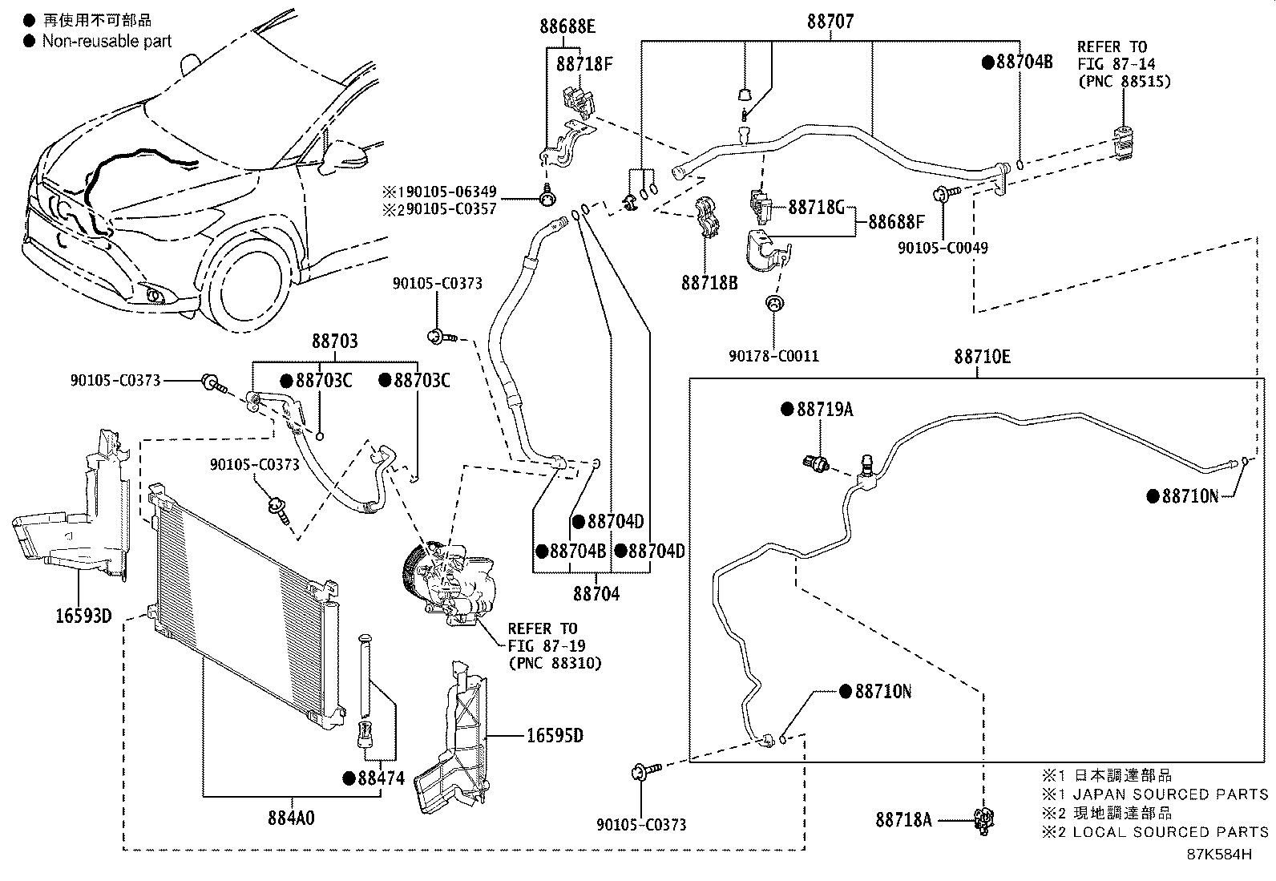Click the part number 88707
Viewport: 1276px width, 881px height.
[x=830, y=22]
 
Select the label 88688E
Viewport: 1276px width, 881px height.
[x=567, y=26]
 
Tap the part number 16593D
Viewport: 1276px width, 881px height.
[x=83, y=616]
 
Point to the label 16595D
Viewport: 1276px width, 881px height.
[x=555, y=735]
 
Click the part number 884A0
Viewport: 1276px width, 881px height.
[x=291, y=818]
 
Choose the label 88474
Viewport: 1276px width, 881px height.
[x=381, y=778]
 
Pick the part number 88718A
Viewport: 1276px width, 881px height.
[x=903, y=819]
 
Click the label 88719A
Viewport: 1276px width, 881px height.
[x=825, y=409]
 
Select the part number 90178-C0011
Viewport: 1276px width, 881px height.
[x=773, y=356]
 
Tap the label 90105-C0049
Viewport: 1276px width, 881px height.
[x=943, y=248]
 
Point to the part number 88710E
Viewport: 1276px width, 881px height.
[x=982, y=357]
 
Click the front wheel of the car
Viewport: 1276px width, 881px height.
[x=246, y=283]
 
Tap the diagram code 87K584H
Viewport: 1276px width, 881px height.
[x=1219, y=855]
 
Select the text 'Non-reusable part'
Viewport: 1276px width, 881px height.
[x=107, y=41]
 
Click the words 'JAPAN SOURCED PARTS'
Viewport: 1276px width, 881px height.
[x=1171, y=794]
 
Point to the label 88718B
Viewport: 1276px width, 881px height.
[x=709, y=282]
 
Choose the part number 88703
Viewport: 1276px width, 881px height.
[x=335, y=341]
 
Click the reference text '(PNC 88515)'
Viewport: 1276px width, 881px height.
[x=1125, y=82]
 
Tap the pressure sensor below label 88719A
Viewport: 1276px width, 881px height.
[x=816, y=463]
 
